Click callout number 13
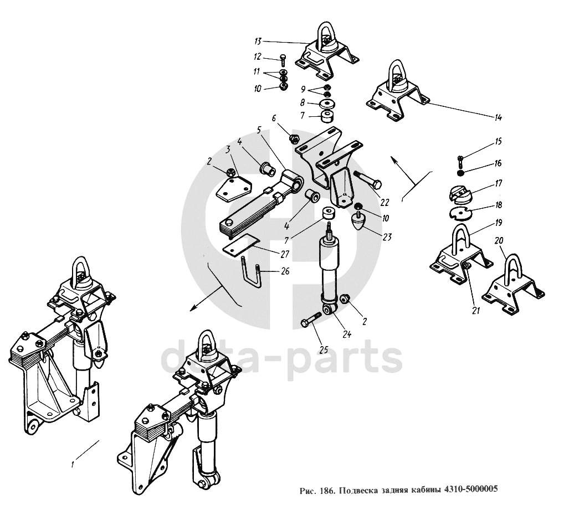[258, 42]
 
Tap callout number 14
[498, 117]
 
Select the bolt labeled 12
[283, 59]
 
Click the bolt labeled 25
[313, 320]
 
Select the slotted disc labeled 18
[460, 213]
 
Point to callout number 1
[73, 464]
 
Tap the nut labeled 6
[295, 138]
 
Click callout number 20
[499, 240]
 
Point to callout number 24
[347, 334]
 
